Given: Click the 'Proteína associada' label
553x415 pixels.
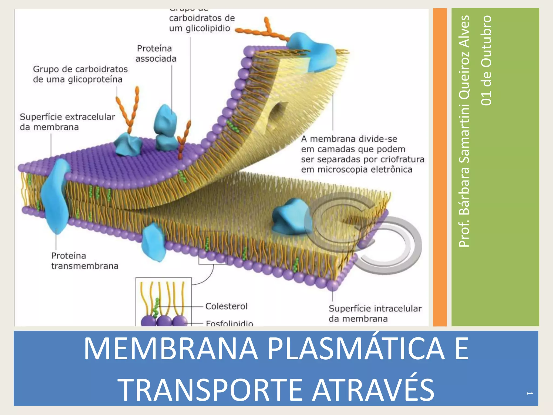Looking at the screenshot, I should [x=156, y=53].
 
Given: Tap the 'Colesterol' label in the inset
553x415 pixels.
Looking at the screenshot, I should [x=226, y=306].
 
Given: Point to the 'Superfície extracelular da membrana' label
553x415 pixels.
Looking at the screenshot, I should [x=68, y=122].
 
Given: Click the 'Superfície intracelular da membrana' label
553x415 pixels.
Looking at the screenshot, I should [x=375, y=313].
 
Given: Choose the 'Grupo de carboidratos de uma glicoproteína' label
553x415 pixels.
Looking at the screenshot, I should [x=80, y=74].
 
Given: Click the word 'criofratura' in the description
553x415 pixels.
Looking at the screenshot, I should [x=404, y=159].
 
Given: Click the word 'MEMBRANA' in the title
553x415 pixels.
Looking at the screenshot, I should [x=171, y=349].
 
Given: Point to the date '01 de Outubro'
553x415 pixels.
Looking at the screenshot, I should [x=486, y=60].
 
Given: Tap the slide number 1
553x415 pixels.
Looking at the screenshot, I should [x=529, y=393].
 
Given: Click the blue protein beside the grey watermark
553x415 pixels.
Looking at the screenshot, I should [x=289, y=216].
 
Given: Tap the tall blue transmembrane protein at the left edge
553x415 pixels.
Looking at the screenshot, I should [x=55, y=196].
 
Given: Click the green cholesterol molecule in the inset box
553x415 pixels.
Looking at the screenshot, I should [x=156, y=308].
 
